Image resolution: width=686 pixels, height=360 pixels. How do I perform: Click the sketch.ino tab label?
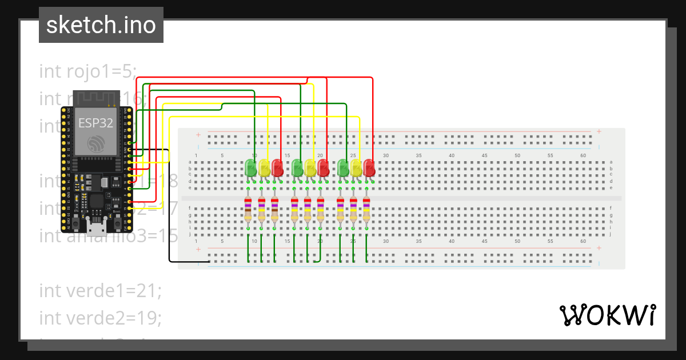pyautogui.click(x=101, y=25)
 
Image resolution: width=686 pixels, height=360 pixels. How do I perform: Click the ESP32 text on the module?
pyautogui.click(x=95, y=122)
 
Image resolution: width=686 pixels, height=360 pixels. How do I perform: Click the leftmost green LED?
pyautogui.click(x=250, y=167)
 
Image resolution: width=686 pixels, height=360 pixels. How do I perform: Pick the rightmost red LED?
pyautogui.click(x=369, y=167)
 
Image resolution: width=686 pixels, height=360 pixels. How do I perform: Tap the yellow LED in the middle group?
pyautogui.click(x=310, y=167)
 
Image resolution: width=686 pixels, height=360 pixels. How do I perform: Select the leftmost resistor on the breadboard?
pyautogui.click(x=248, y=209)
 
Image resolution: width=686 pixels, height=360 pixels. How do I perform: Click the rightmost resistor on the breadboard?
pyautogui.click(x=366, y=209)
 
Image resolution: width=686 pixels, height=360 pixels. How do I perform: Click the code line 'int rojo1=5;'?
pyautogui.click(x=88, y=71)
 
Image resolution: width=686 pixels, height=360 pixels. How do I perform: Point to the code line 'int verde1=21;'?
pyautogui.click(x=101, y=290)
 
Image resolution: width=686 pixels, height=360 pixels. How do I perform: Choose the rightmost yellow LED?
pyautogui.click(x=356, y=167)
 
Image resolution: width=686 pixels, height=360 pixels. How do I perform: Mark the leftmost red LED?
pyautogui.click(x=277, y=167)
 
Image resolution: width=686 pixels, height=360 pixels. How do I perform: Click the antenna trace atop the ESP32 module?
pyautogui.click(x=95, y=98)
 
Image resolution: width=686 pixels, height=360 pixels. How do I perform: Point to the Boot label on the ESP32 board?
pyautogui.click(x=117, y=211)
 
